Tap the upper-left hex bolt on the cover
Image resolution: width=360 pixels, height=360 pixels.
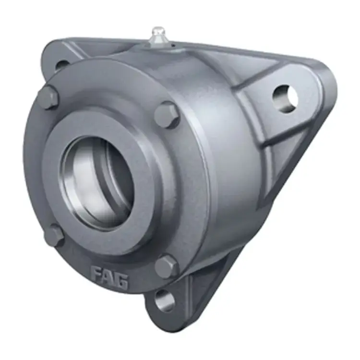click(48, 98)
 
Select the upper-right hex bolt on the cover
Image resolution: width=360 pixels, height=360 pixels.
click(167, 115)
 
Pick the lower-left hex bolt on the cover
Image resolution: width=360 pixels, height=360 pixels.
click(54, 236)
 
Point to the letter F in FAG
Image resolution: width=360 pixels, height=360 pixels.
click(97, 274)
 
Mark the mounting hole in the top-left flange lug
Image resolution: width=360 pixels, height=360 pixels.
click(62, 64)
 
